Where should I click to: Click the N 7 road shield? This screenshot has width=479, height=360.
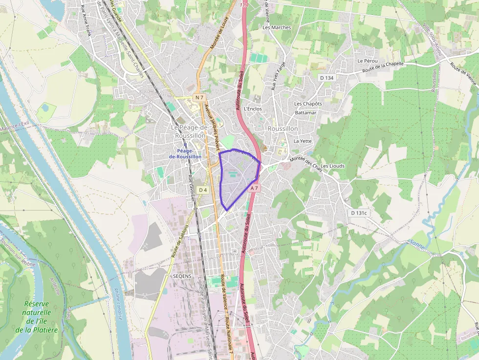[x=198, y=98]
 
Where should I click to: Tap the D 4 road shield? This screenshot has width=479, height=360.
[x=203, y=190]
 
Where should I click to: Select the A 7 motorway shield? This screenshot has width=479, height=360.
[x=254, y=188]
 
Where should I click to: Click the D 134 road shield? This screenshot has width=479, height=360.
[x=327, y=78]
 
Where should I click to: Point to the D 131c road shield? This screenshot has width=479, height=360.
[x=359, y=213]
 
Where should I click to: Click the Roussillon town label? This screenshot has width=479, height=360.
[x=283, y=128]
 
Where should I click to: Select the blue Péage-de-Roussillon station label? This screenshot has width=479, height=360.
[x=185, y=154]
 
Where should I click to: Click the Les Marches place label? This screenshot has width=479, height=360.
[x=277, y=27]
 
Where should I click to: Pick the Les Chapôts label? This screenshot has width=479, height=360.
[x=308, y=104]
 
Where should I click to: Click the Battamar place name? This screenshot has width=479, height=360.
[x=305, y=113]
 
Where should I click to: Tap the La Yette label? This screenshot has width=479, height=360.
[x=303, y=141]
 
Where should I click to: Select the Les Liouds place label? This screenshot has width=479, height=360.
[x=333, y=166]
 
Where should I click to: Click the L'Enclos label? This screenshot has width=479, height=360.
[x=253, y=109]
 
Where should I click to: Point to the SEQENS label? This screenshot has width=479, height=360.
[x=182, y=276]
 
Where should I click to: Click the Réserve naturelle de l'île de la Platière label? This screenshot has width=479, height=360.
[x=37, y=317]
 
